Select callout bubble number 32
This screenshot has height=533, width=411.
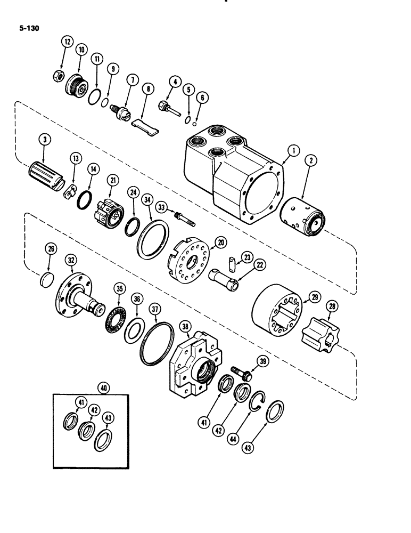click(x=71, y=260)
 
